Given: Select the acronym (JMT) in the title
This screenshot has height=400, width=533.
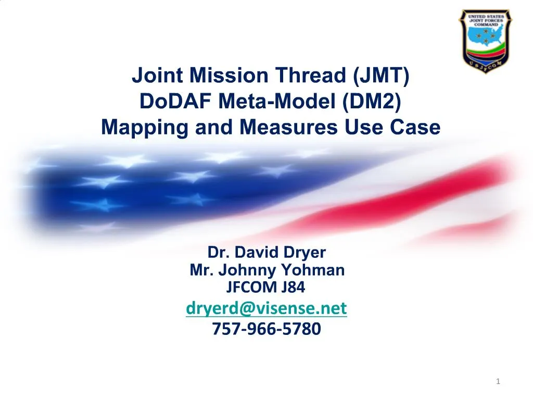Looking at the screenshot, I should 382,76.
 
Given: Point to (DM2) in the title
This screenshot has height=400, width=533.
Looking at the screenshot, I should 372,101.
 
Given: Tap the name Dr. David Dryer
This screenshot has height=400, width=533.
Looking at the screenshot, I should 266,253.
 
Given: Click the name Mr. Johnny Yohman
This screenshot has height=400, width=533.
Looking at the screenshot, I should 266,270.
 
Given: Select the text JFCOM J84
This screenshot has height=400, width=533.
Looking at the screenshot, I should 266,286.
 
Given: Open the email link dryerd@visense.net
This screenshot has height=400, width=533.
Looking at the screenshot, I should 266,309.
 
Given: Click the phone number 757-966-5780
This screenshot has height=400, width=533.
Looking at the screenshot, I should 266,329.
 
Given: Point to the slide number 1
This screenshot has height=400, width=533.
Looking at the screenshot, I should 498,382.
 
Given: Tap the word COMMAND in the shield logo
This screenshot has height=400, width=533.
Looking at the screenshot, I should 485,24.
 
